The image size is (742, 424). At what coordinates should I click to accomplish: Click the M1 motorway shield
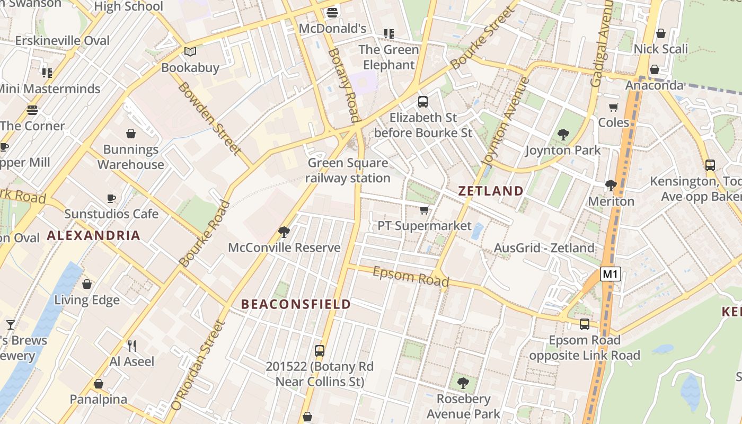[611, 274]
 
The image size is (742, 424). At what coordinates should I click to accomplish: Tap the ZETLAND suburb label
[491, 191]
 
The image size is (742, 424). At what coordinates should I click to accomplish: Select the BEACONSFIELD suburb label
[296, 304]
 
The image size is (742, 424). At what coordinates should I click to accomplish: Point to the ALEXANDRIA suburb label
[94, 236]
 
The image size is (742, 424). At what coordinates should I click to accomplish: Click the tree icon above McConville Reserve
[284, 232]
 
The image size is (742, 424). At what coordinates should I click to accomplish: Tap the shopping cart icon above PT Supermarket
[424, 210]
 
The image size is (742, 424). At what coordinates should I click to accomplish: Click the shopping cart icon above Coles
[614, 107]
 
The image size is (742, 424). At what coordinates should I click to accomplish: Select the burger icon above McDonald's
[332, 12]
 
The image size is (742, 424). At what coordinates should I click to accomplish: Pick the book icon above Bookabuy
[190, 52]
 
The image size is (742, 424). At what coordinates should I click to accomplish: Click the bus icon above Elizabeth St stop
[423, 102]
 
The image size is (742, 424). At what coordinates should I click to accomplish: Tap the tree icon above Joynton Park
[563, 135]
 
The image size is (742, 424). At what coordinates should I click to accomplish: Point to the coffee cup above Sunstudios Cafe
[111, 198]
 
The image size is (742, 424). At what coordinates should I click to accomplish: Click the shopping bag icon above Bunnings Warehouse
[130, 134]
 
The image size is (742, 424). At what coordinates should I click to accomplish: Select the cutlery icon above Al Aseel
[132, 346]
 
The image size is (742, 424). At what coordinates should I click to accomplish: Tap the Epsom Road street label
[411, 276]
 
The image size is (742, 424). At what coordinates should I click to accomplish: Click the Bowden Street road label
[209, 118]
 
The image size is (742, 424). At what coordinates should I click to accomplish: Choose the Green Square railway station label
[348, 171]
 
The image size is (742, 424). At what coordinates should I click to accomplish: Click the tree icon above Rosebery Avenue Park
[463, 383]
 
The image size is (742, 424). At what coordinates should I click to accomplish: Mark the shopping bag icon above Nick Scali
[661, 33]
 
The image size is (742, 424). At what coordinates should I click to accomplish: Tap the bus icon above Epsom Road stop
[585, 324]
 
